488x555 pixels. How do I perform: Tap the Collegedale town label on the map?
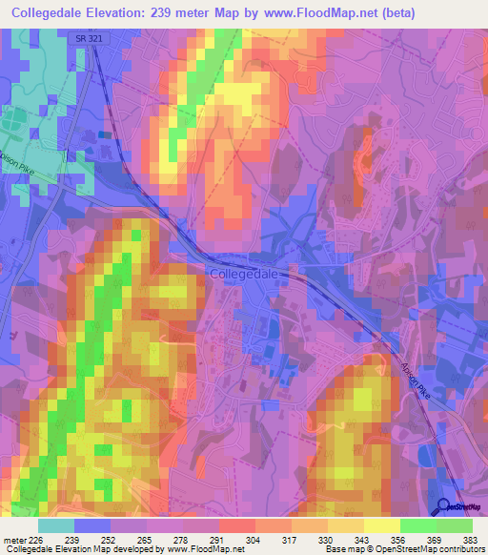(x=243, y=273)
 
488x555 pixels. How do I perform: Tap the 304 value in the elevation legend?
(x=254, y=539)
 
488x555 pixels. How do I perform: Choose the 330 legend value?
(x=327, y=539)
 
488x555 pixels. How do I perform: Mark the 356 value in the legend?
(x=398, y=539)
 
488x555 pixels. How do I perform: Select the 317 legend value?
(x=291, y=539)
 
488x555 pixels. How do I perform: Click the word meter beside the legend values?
(x=13, y=539)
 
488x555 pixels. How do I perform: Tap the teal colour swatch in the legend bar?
(x=56, y=525)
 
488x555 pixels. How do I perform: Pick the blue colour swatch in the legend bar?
(x=92, y=525)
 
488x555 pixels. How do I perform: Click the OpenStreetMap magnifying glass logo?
(x=442, y=506)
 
